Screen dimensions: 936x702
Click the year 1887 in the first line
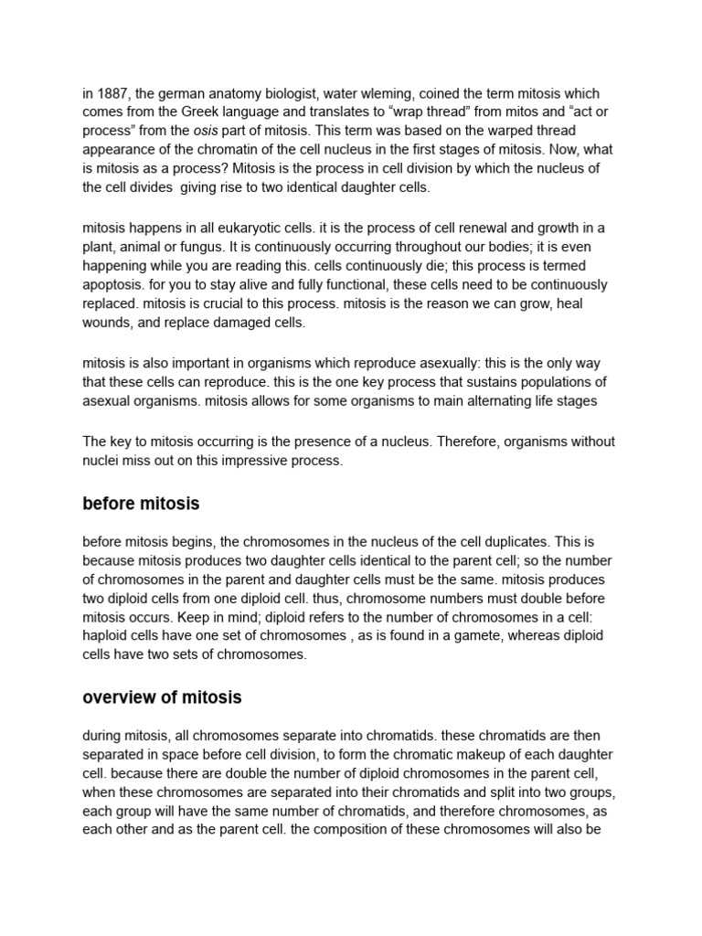(112, 93)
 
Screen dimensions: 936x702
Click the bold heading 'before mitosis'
(141, 504)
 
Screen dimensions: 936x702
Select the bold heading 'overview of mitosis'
(162, 697)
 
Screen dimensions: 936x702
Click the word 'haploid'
(107, 636)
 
